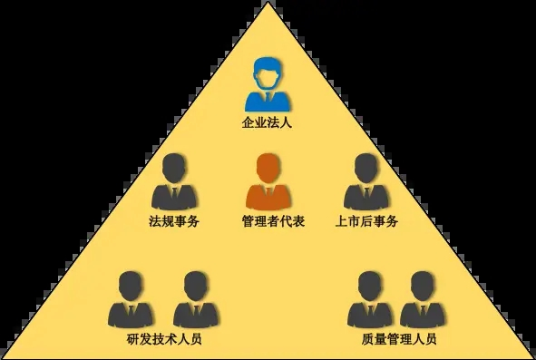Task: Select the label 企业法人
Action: coord(268,122)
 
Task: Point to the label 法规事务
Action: coord(173,220)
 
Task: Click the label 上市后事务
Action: coord(366,220)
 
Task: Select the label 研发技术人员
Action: coord(164,340)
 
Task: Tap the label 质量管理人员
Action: coord(398,340)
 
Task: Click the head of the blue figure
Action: coord(268,71)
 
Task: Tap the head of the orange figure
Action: coord(268,168)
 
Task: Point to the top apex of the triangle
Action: coord(268,4)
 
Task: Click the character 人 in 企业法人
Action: coord(287,122)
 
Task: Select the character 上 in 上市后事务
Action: coord(340,220)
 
